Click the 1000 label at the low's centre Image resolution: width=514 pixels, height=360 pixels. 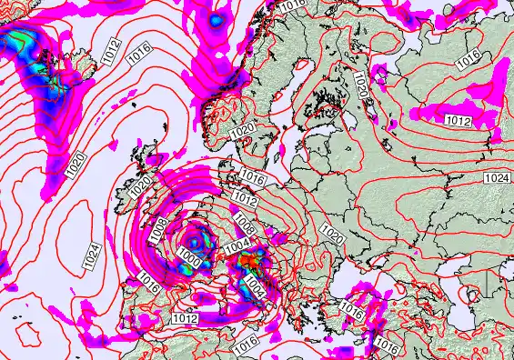pyautogui.click(x=191, y=259)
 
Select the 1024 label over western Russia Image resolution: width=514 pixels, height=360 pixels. pyautogui.click(x=497, y=177)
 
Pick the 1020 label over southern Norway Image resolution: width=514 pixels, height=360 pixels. pyautogui.click(x=241, y=132)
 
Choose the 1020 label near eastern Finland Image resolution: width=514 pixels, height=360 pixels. pyautogui.click(x=360, y=85)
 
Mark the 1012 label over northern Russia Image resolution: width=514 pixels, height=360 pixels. pyautogui.click(x=458, y=121)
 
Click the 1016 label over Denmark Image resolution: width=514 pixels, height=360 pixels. pyautogui.click(x=250, y=178)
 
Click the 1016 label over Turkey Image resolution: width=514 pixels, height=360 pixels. pyautogui.click(x=386, y=346)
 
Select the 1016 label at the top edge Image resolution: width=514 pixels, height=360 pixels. pyautogui.click(x=293, y=5)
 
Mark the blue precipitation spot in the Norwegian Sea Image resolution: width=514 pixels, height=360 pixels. pyautogui.click(x=216, y=20)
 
